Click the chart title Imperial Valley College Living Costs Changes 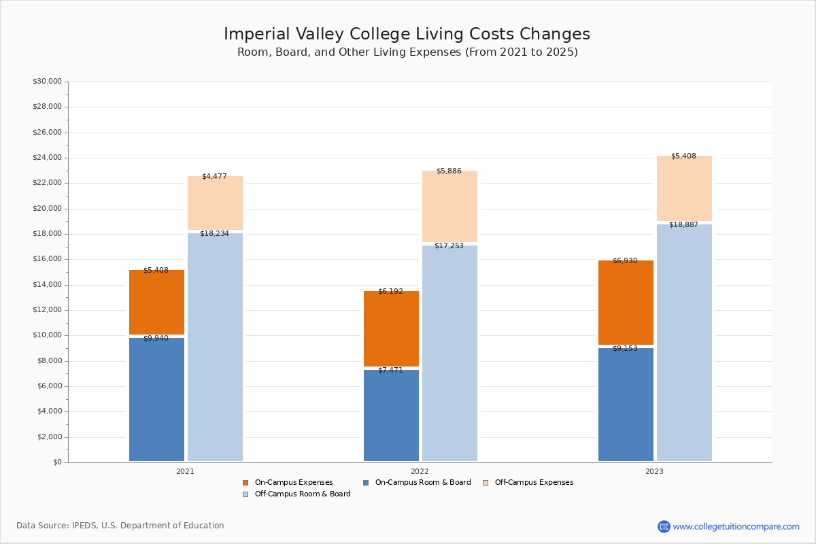coord(407,35)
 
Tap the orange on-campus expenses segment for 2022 coord(391,328)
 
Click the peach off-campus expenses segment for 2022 coord(449,206)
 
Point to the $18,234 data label coord(214,233)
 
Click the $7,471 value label coord(390,370)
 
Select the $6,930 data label coord(625,260)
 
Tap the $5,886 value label coord(449,171)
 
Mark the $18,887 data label coord(683,224)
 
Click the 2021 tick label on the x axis coord(185,471)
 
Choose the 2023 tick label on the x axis coord(654,471)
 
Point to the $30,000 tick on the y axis coord(47,82)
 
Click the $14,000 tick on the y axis coord(47,285)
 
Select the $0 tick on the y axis coord(56,462)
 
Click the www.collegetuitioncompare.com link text coord(736,526)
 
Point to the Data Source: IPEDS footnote coord(120,526)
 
